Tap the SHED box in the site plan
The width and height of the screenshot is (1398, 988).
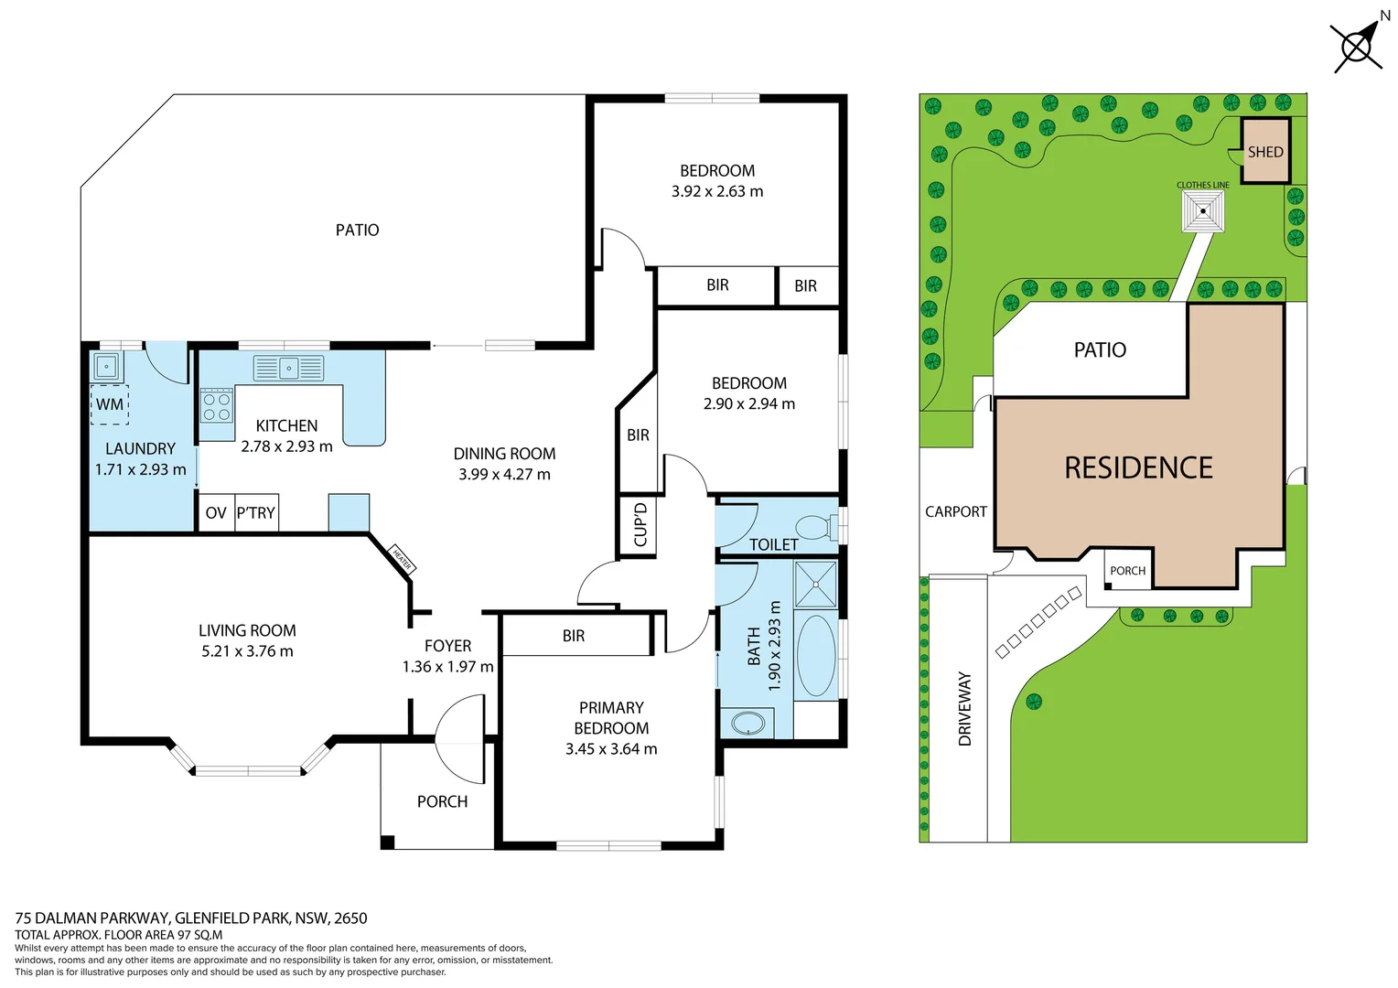pyautogui.click(x=1265, y=151)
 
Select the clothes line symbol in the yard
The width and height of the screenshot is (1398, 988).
pyautogui.click(x=1202, y=211)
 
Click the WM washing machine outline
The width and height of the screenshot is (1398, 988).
pyautogui.click(x=110, y=404)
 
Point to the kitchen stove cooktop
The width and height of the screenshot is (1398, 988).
pyautogui.click(x=217, y=407)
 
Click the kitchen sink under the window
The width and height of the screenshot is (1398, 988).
pyautogui.click(x=288, y=369)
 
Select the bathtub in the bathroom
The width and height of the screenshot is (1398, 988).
pyautogui.click(x=815, y=657)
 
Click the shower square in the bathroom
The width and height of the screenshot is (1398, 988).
pyautogui.click(x=815, y=585)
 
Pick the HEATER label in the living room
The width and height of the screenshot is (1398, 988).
pyautogui.click(x=402, y=558)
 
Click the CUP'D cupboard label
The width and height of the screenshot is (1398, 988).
pyautogui.click(x=640, y=524)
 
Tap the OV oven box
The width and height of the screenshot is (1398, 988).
pyautogui.click(x=216, y=513)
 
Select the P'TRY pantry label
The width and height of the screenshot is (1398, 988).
pyautogui.click(x=256, y=513)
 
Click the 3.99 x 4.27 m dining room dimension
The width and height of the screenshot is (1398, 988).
pyautogui.click(x=504, y=474)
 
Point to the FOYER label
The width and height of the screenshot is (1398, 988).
pyautogui.click(x=447, y=646)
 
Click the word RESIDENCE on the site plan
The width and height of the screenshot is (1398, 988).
pyautogui.click(x=1138, y=468)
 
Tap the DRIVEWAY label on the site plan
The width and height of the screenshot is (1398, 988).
pyautogui.click(x=964, y=709)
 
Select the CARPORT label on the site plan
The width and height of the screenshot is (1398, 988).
pyautogui.click(x=955, y=512)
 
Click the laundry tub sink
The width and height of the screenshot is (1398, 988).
pyautogui.click(x=106, y=367)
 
